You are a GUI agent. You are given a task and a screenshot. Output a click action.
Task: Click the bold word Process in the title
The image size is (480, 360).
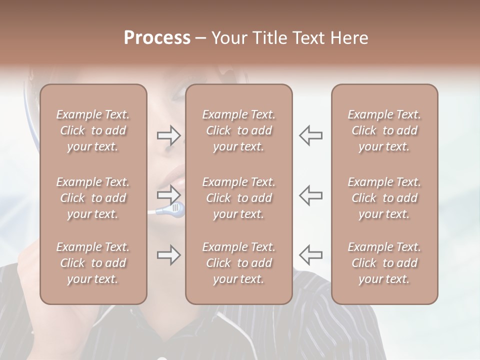(157, 38)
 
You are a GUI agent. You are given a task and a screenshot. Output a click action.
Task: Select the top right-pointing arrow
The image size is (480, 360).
(168, 135)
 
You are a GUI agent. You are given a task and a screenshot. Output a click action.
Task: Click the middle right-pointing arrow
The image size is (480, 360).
(168, 194)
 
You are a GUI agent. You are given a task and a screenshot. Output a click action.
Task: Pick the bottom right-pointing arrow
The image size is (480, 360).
(168, 255)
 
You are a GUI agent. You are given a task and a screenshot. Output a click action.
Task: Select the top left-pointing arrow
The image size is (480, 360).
(311, 135)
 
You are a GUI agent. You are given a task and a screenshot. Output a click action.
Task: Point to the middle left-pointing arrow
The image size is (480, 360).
(311, 194)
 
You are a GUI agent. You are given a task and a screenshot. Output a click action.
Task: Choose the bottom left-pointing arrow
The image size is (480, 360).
(311, 255)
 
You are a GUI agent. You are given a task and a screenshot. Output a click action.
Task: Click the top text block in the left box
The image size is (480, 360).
(93, 130)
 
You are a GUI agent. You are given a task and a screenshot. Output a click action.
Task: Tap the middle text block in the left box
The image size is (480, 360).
(93, 198)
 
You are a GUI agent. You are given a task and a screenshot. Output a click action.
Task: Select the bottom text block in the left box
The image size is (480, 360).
(93, 263)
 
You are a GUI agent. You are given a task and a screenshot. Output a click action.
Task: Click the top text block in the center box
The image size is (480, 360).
(239, 130)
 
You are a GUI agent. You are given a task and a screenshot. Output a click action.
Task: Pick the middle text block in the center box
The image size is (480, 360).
(239, 198)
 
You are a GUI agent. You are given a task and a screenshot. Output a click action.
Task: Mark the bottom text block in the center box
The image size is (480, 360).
(239, 263)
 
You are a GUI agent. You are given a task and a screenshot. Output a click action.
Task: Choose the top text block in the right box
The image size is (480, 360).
(384, 130)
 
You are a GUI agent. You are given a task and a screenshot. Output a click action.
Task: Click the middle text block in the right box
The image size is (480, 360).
(384, 198)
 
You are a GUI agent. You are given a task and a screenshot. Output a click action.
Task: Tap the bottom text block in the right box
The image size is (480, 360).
(384, 263)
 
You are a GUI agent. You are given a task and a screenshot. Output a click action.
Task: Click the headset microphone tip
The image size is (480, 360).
(176, 207)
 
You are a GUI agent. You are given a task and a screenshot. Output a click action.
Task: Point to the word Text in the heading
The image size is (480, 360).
(308, 38)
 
